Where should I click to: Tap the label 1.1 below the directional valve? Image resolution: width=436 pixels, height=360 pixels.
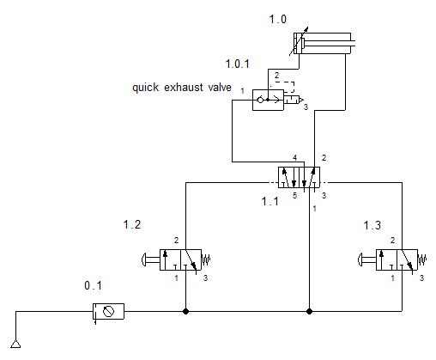click(270, 202)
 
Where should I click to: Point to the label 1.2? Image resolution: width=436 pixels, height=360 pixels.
click(132, 225)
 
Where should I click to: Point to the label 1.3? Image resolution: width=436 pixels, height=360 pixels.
click(372, 225)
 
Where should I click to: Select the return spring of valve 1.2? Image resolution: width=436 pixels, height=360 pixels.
click(207, 259)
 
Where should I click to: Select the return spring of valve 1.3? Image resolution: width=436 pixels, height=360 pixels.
click(423, 259)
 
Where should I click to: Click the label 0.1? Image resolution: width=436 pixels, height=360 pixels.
click(93, 284)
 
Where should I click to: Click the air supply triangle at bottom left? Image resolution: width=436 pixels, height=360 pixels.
click(15, 345)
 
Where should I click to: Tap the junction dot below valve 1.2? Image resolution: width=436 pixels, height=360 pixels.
click(186, 309)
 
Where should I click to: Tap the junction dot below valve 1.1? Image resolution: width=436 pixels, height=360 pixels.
click(309, 309)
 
